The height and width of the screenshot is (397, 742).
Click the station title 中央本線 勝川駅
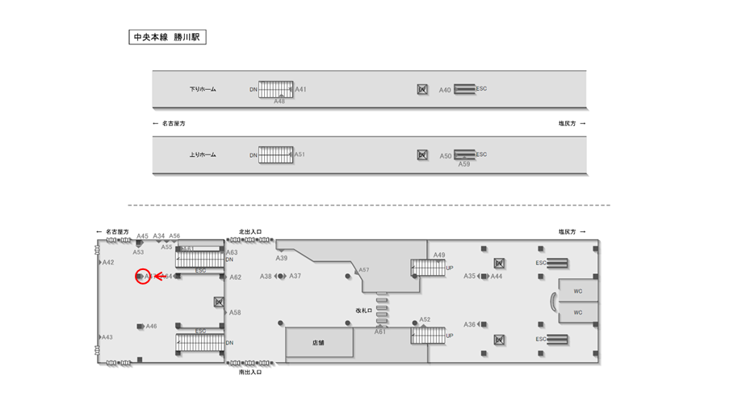pyautogui.click(x=167, y=37)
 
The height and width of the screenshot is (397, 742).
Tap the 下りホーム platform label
pyautogui.click(x=203, y=89)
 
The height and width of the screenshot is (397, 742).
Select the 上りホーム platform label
pyautogui.click(x=203, y=154)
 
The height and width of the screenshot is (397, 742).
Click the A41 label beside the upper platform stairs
pyautogui.click(x=300, y=89)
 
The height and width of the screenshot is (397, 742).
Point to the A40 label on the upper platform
pyautogui.click(x=445, y=90)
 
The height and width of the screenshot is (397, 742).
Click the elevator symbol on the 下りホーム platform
pyautogui.click(x=422, y=89)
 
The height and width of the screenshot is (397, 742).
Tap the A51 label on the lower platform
pyautogui.click(x=299, y=154)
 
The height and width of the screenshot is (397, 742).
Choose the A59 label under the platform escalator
pyautogui.click(x=464, y=164)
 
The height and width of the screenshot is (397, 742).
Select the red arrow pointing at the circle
pyautogui.click(x=160, y=277)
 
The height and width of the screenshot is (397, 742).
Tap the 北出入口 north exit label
pyautogui.click(x=250, y=232)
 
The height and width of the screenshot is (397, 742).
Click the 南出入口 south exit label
pyautogui.click(x=250, y=372)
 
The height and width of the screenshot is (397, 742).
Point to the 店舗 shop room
pyautogui.click(x=319, y=343)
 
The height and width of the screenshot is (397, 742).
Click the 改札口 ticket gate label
pyautogui.click(x=363, y=310)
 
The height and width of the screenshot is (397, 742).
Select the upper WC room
pyautogui.click(x=578, y=290)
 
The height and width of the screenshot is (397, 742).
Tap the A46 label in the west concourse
pyautogui.click(x=151, y=327)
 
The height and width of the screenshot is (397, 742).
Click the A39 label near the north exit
pyautogui.click(x=281, y=258)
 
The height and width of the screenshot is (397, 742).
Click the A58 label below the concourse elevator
pyautogui.click(x=235, y=312)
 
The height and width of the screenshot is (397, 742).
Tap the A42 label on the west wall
pyautogui.click(x=108, y=262)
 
